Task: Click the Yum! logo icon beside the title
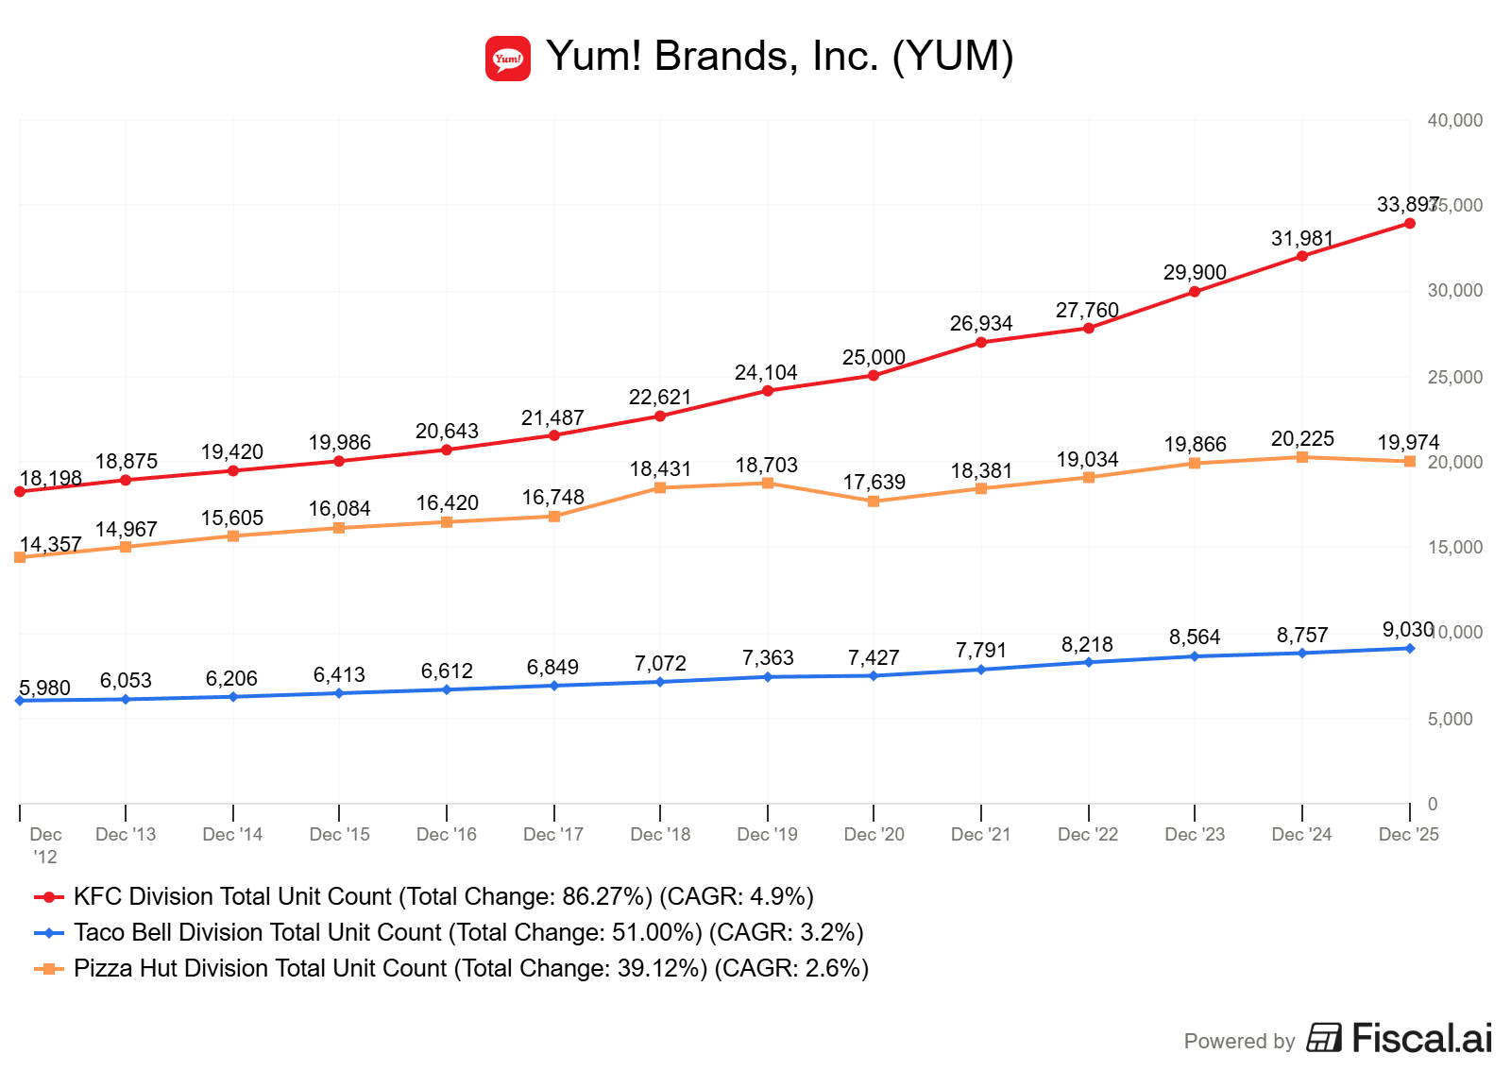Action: click(508, 59)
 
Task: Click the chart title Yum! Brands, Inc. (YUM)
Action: click(779, 57)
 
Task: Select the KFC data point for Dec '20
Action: click(874, 376)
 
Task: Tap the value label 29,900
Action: click(1195, 273)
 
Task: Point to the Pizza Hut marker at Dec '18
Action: click(660, 487)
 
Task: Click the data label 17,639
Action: click(874, 483)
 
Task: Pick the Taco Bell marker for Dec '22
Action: click(1089, 662)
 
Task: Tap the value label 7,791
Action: click(981, 651)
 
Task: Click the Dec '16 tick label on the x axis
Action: click(447, 835)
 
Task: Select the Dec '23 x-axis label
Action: click(1195, 835)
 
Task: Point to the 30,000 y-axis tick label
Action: click(1454, 291)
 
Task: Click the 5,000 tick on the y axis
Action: click(1450, 720)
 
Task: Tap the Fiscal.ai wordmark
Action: click(1421, 1038)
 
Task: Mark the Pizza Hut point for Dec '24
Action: click(1302, 457)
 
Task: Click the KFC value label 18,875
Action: click(127, 462)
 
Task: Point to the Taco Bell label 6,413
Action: click(339, 675)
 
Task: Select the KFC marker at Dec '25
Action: click(1410, 224)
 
